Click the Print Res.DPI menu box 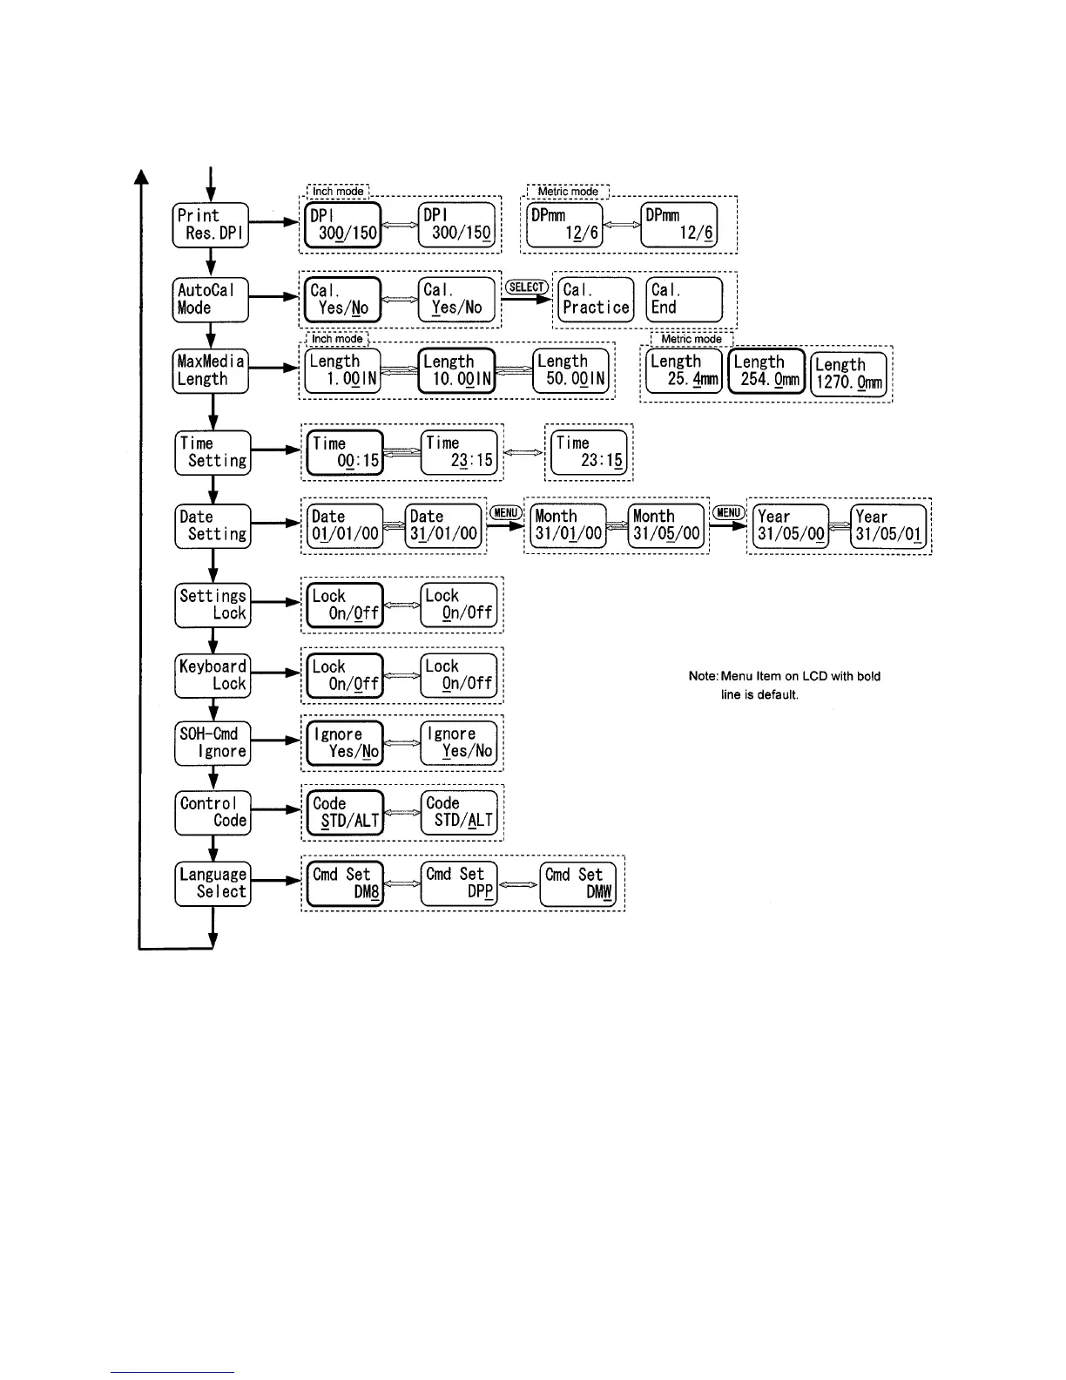[x=211, y=225]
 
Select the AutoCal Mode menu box [x=211, y=299]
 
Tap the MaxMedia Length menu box [x=211, y=370]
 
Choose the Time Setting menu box [x=213, y=452]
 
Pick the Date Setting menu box [x=213, y=525]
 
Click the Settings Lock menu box [x=213, y=605]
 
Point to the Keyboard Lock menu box [x=213, y=675]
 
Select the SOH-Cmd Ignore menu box [x=213, y=743]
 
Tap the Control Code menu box [x=213, y=812]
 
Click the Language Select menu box [x=213, y=883]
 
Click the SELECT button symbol [x=527, y=287]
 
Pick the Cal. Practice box [x=596, y=299]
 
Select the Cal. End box [x=685, y=299]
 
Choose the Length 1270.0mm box [x=848, y=375]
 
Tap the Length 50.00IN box [x=570, y=370]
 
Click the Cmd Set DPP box [x=459, y=883]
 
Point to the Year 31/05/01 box [x=887, y=525]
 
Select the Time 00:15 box [x=346, y=452]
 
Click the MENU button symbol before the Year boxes [x=728, y=513]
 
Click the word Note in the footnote [x=703, y=677]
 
